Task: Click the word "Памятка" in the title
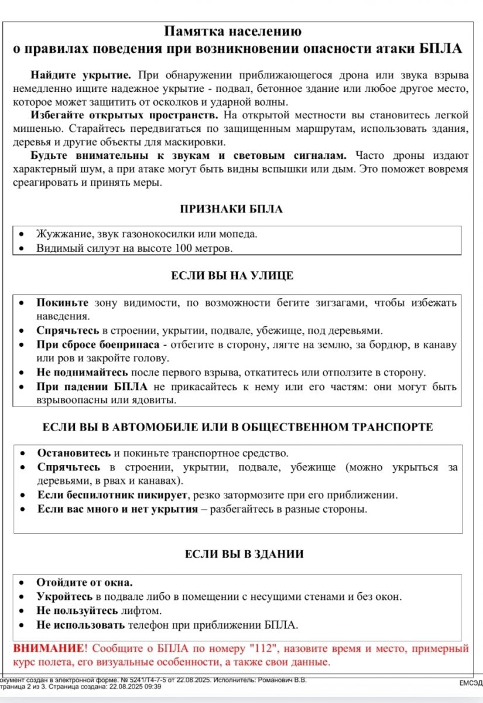[193, 32]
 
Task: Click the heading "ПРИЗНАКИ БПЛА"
[231, 209]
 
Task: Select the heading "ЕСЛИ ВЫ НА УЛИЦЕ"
[232, 275]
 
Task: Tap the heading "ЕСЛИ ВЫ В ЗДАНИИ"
[244, 554]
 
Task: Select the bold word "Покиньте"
[63, 303]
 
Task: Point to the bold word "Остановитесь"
[74, 453]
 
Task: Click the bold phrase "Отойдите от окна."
[85, 582]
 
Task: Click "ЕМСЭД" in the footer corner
[471, 683]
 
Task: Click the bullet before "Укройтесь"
[22, 597]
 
